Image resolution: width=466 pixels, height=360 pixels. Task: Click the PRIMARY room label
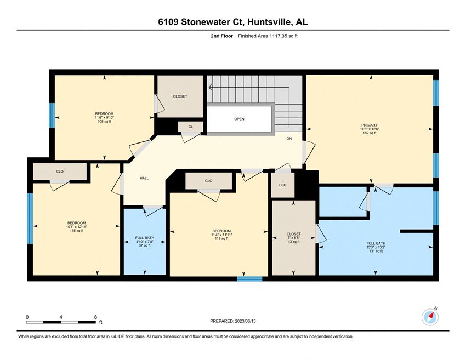(x=370, y=125)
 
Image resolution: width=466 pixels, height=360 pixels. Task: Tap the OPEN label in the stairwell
(x=239, y=119)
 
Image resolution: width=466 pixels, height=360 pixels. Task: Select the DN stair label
(x=289, y=139)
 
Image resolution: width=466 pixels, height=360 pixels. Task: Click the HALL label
(x=144, y=178)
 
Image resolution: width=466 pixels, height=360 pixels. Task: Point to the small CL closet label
(x=190, y=127)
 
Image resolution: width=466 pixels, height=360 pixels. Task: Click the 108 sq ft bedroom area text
(x=104, y=121)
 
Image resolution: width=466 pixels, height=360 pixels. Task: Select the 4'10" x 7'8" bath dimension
(x=144, y=242)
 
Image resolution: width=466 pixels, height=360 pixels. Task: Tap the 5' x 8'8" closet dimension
(x=294, y=238)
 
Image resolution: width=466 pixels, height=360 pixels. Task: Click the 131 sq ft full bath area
(x=376, y=251)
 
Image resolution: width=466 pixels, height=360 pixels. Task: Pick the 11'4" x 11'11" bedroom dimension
(x=221, y=235)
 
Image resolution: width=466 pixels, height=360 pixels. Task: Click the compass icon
(x=430, y=317)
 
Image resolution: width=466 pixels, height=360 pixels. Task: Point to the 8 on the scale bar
(x=95, y=317)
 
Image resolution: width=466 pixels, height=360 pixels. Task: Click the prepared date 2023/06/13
(x=245, y=321)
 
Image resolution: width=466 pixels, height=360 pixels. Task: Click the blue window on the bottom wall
(x=249, y=278)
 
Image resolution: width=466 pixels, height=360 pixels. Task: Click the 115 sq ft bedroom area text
(x=76, y=231)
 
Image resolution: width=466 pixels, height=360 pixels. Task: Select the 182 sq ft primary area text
(x=370, y=133)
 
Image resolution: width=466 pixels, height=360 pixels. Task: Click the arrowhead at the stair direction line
(x=211, y=88)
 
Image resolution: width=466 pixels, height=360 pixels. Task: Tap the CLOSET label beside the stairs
(x=180, y=96)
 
